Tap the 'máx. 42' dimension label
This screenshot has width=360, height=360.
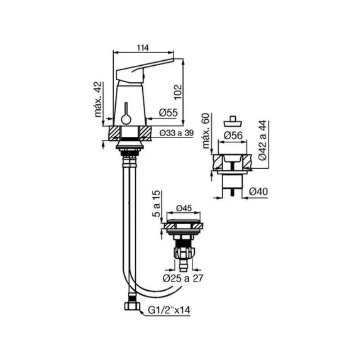click(99, 99)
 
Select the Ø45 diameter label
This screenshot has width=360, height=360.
click(184, 208)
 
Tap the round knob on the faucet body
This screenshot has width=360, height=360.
click(126, 119)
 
